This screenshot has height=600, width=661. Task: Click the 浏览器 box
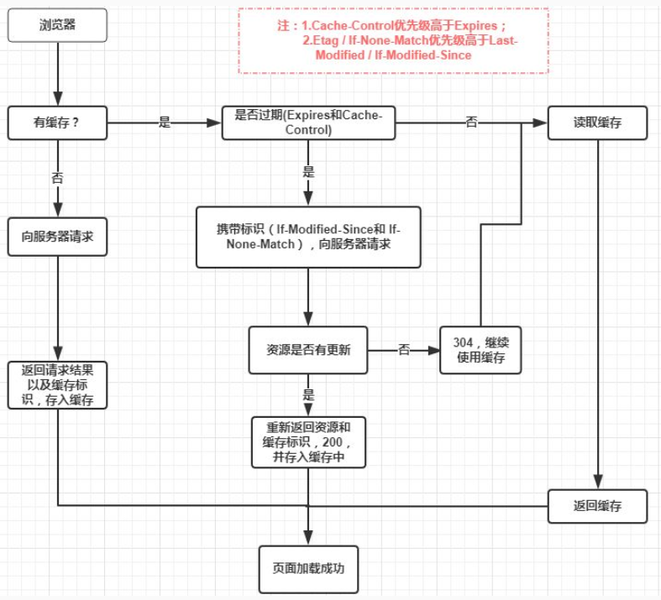(57, 25)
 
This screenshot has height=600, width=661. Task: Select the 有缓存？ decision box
(57, 123)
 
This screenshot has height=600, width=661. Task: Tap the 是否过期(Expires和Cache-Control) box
(308, 123)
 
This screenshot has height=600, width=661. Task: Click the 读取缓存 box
(597, 123)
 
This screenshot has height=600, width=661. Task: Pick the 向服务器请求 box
(57, 237)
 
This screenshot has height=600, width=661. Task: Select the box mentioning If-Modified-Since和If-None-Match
(308, 237)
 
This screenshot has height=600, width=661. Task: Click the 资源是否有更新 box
(308, 350)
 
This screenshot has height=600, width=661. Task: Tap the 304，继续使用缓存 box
(480, 350)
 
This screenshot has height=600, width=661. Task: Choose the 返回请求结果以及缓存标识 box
(57, 385)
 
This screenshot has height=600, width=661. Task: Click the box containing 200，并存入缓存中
(308, 441)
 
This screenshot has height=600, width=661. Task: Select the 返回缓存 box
(597, 506)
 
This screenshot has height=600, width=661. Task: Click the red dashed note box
(393, 41)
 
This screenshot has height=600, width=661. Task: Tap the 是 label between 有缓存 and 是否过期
(165, 123)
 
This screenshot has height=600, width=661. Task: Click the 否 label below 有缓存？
(57, 178)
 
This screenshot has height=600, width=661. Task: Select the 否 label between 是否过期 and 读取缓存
(471, 123)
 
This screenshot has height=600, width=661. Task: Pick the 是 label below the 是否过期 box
(308, 171)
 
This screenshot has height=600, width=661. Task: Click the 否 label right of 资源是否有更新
(404, 350)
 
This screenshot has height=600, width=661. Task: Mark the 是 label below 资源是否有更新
(308, 394)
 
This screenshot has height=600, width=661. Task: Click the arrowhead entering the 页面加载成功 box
(308, 538)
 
